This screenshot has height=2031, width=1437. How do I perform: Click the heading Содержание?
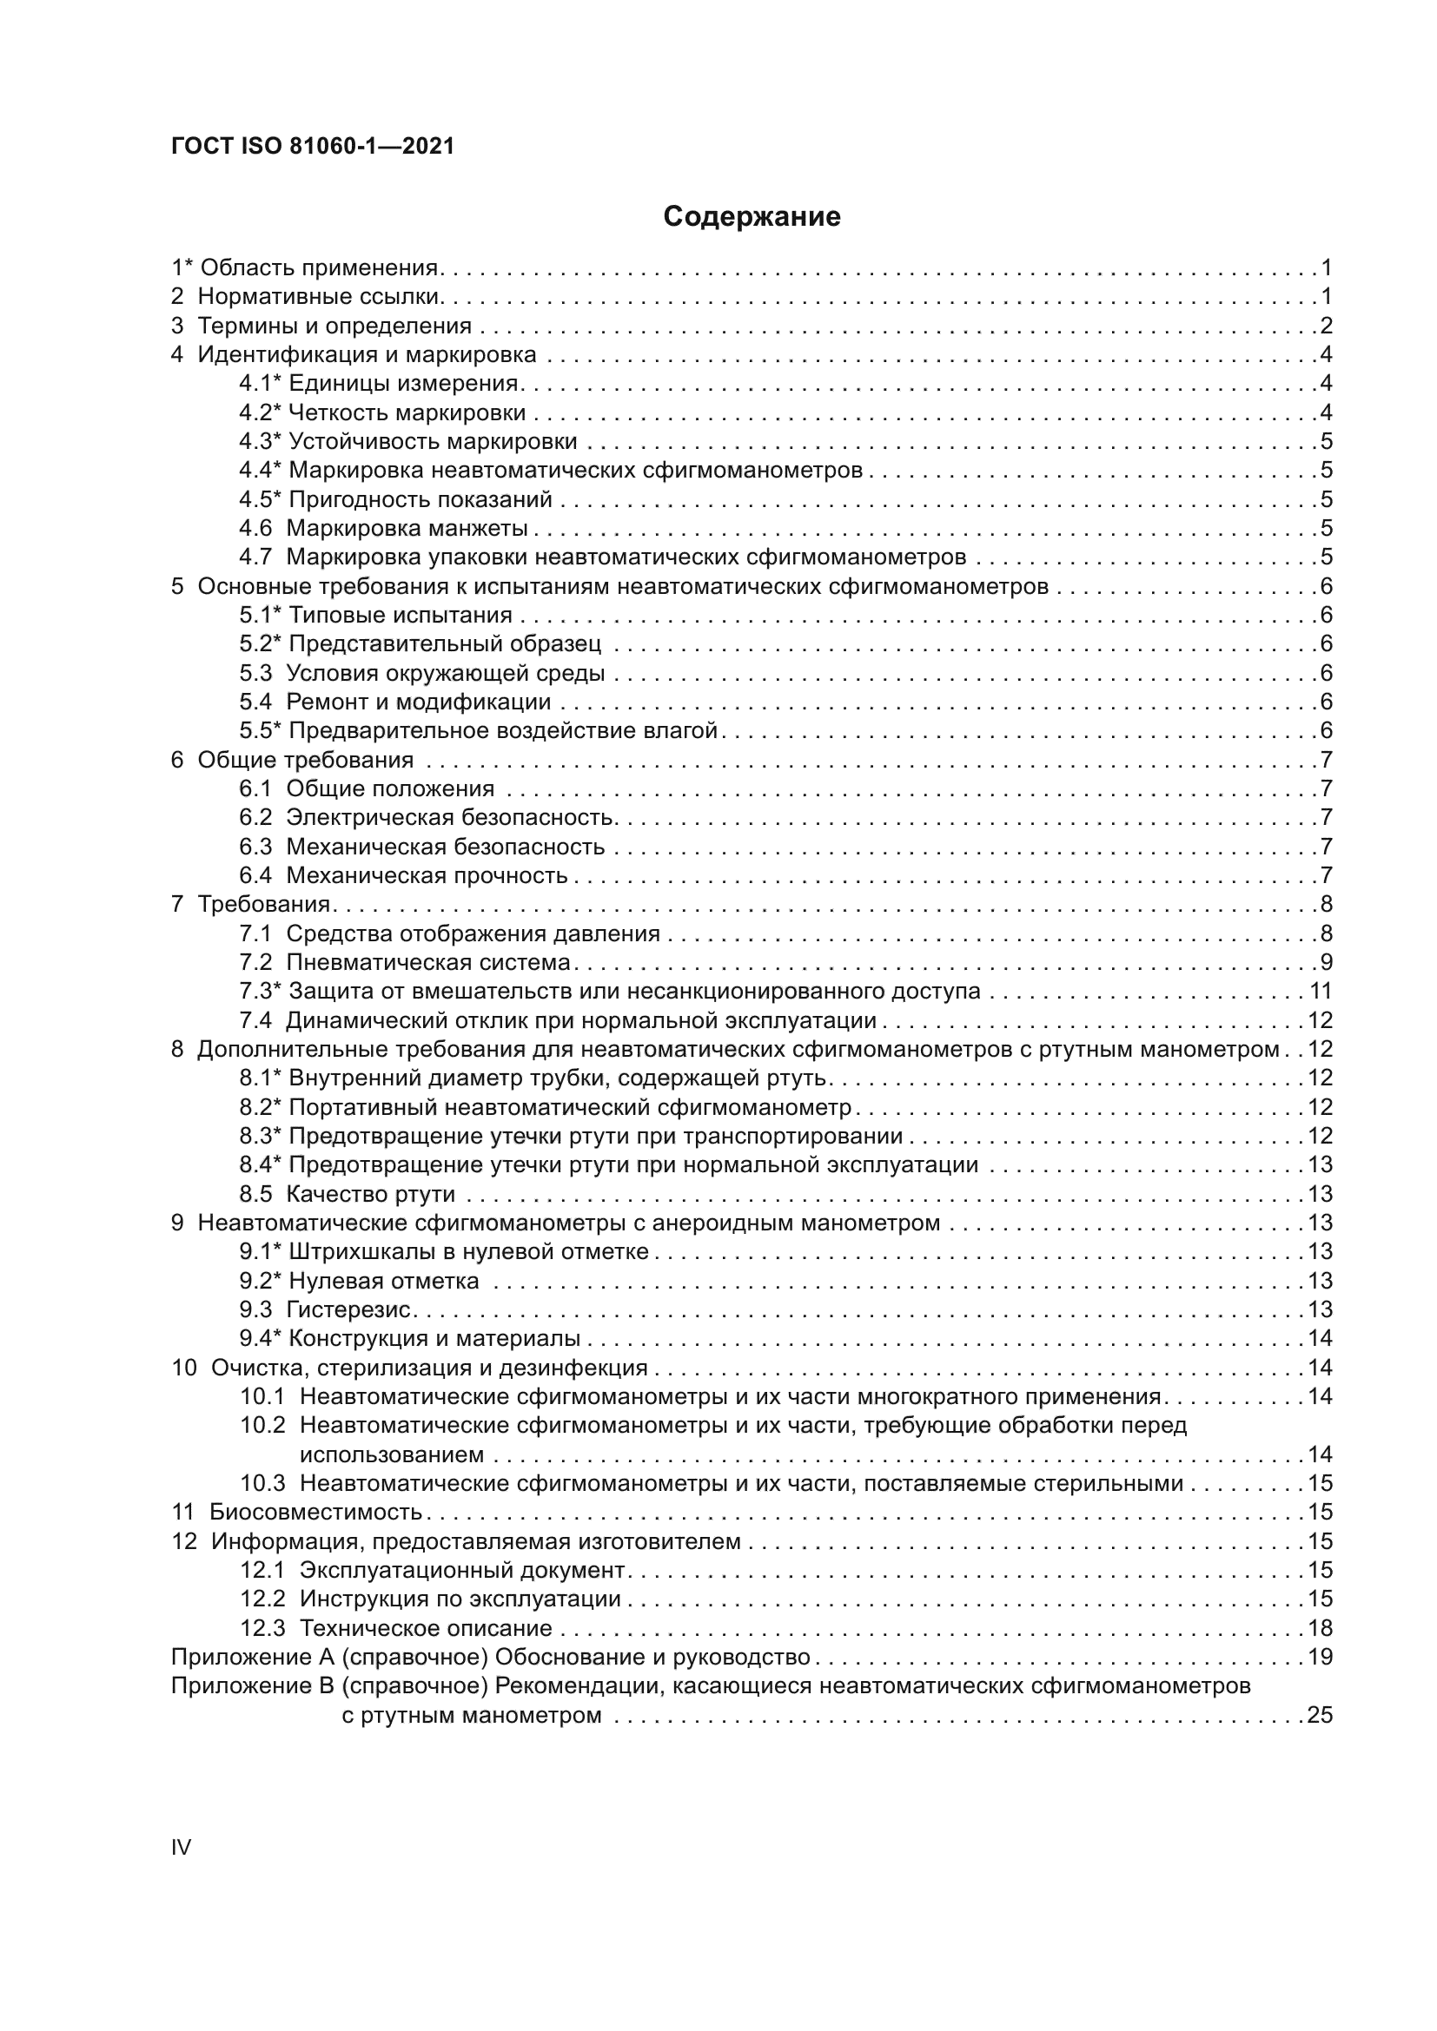coord(752,217)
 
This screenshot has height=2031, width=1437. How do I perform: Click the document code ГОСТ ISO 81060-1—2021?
coord(313,147)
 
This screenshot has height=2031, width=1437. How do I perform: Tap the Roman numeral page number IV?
coord(181,1847)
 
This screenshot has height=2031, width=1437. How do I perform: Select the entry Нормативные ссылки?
coord(318,296)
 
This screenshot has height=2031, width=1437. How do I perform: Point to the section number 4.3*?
coord(259,441)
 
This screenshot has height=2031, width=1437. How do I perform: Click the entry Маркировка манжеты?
coord(406,528)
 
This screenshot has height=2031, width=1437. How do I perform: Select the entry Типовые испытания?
coord(400,615)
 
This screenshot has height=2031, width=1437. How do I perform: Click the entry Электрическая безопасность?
coord(449,817)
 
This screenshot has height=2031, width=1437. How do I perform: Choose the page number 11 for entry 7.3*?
coord(1321,991)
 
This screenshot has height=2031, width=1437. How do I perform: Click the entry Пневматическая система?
coord(428,962)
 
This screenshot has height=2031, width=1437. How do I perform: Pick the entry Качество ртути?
coord(370,1194)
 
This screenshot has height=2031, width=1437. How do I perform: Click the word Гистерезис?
coord(348,1309)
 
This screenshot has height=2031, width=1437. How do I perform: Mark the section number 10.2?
coord(262,1425)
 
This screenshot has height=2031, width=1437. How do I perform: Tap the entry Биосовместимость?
coord(315,1512)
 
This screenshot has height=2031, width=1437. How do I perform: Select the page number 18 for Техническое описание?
coord(1320,1627)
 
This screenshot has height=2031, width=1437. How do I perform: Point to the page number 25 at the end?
coord(1320,1715)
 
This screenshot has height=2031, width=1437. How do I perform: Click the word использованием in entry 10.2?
coord(391,1454)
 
